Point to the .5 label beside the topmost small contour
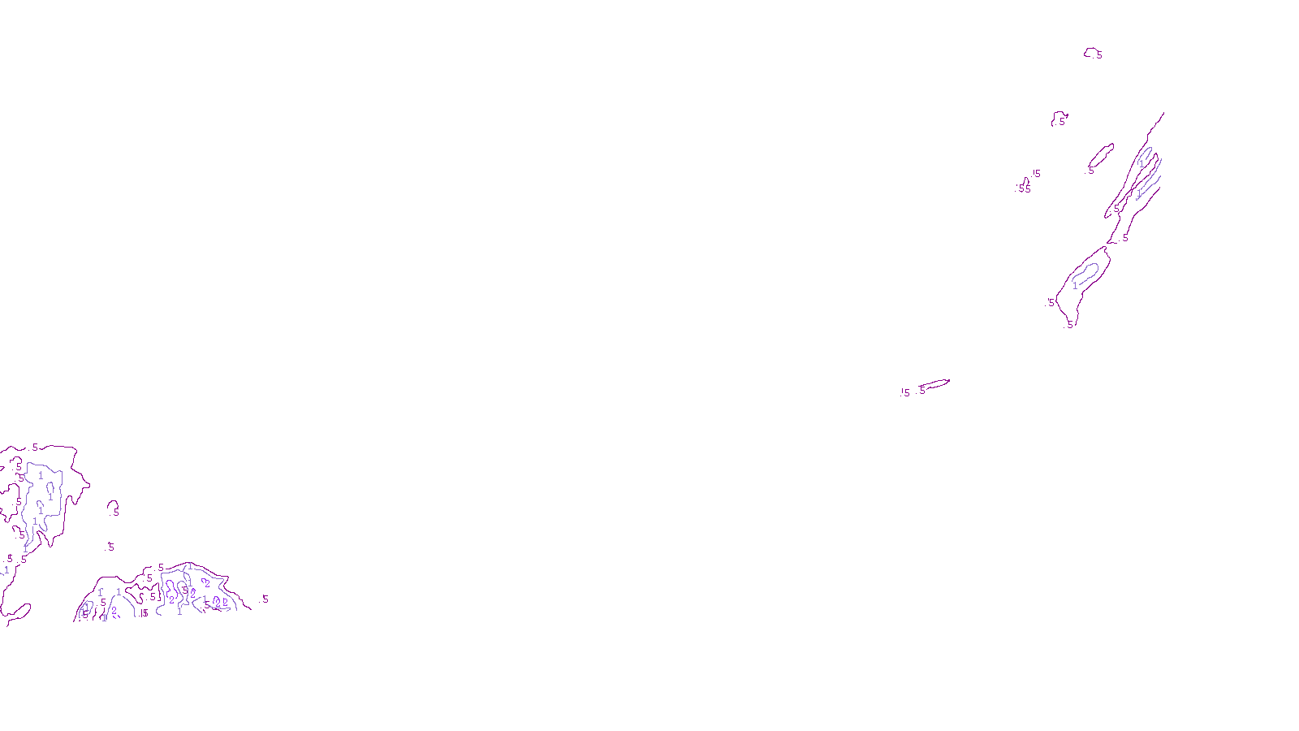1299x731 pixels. point(1099,56)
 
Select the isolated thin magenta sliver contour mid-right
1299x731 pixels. point(935,383)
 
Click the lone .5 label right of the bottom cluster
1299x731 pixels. point(265,599)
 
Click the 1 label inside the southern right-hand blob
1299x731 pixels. point(1075,286)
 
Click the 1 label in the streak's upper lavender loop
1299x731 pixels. point(1141,163)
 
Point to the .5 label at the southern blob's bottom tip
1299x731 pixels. point(1070,324)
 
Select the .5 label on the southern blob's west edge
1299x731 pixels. point(1051,303)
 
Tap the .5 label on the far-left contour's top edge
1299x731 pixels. point(35,448)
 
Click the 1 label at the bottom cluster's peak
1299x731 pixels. point(189,566)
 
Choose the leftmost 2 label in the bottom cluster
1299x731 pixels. point(114,611)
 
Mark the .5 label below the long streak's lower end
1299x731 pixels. point(1124,239)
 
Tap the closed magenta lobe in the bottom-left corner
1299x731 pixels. point(18,611)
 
